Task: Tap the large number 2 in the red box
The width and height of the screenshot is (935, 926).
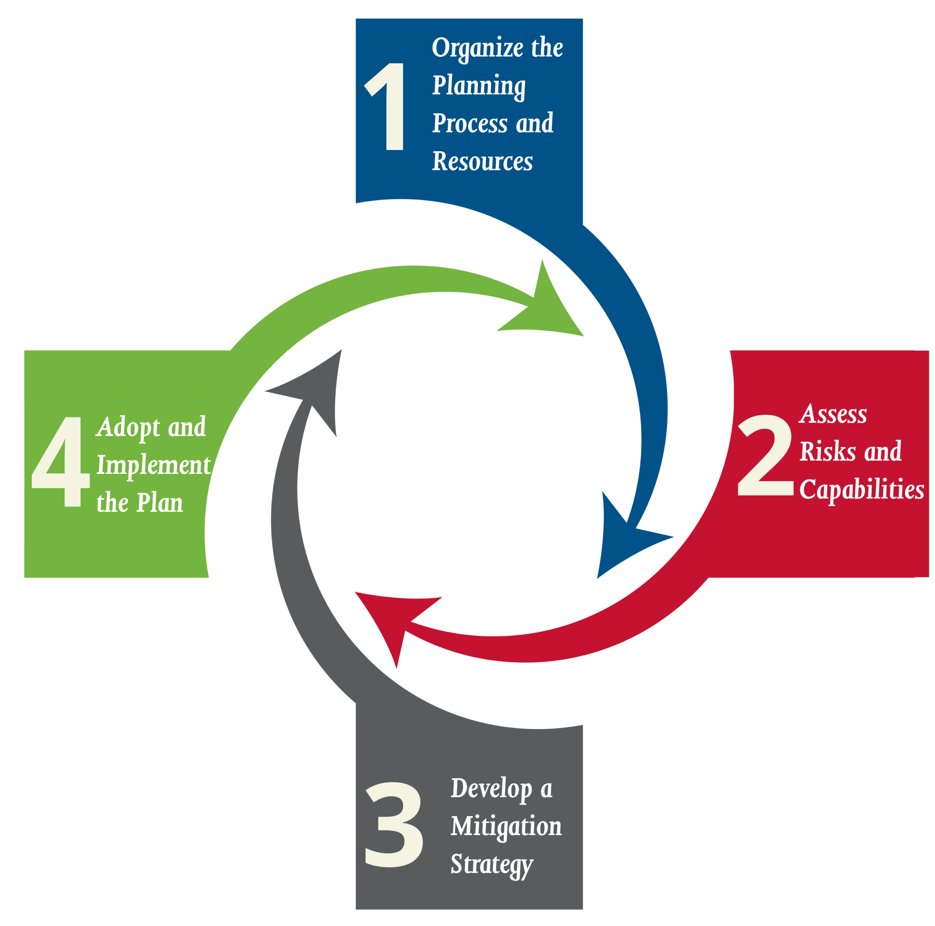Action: point(766,455)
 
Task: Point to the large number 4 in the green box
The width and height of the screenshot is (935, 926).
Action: point(61,462)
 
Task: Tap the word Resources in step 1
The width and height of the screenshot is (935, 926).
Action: point(482,161)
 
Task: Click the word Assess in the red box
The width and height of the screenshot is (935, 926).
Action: point(833,414)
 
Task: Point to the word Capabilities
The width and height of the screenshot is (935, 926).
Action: point(862,490)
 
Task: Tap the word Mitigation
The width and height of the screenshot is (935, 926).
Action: point(506,827)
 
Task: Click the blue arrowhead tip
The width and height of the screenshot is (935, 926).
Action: point(597,579)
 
